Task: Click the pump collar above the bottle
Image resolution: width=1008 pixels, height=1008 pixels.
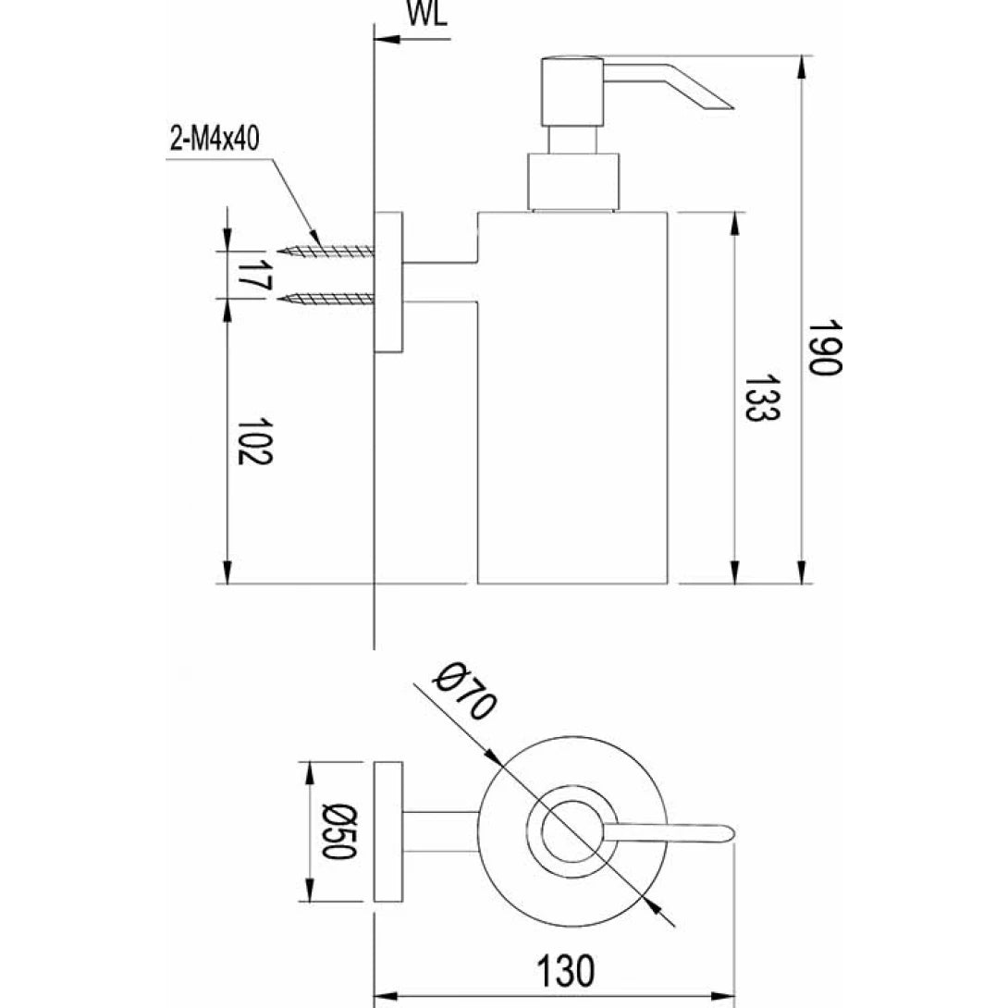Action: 571,181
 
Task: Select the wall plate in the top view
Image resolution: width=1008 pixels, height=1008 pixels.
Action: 388,832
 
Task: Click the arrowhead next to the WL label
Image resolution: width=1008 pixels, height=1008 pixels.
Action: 384,40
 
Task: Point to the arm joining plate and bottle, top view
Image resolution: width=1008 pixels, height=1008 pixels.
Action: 441,832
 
